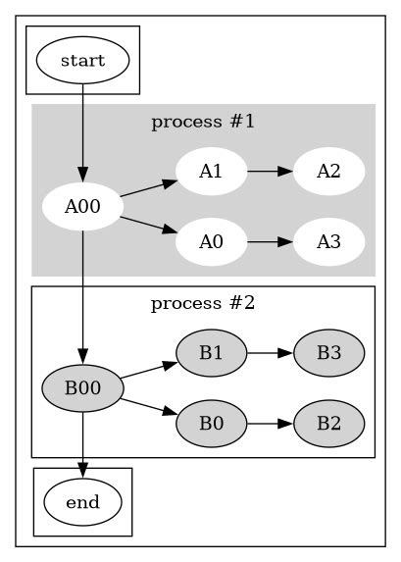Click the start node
click(x=82, y=60)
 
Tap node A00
click(x=82, y=207)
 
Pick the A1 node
click(x=210, y=172)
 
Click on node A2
click(x=328, y=172)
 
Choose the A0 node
click(x=210, y=241)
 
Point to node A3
click(x=328, y=241)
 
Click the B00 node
click(x=82, y=387)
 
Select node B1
click(x=210, y=352)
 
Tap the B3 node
click(x=328, y=352)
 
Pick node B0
click(x=210, y=424)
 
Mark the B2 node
click(x=328, y=424)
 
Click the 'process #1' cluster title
click(x=203, y=123)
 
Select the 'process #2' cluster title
click(x=203, y=303)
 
